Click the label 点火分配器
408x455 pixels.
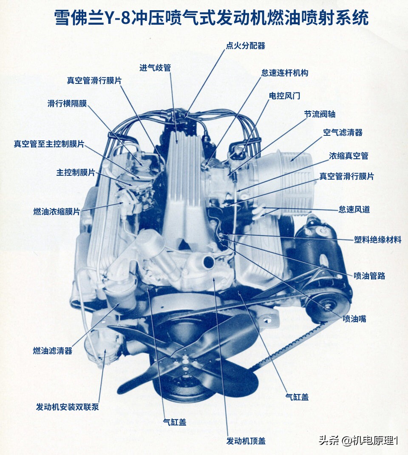coord(245,46)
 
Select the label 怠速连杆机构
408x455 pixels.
coord(284,73)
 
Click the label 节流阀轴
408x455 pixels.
coord(320,114)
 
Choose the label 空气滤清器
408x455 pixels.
coord(343,132)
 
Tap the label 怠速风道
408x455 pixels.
coord(354,209)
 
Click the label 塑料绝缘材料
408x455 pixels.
coord(377,239)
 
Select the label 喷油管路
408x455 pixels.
coord(369,275)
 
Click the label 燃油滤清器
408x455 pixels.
coord(53,351)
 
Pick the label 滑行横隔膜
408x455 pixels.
coord(67,103)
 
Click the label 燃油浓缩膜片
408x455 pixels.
coord(57,211)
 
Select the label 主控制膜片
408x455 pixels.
coord(76,172)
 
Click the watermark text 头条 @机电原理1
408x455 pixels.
coord(358,441)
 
